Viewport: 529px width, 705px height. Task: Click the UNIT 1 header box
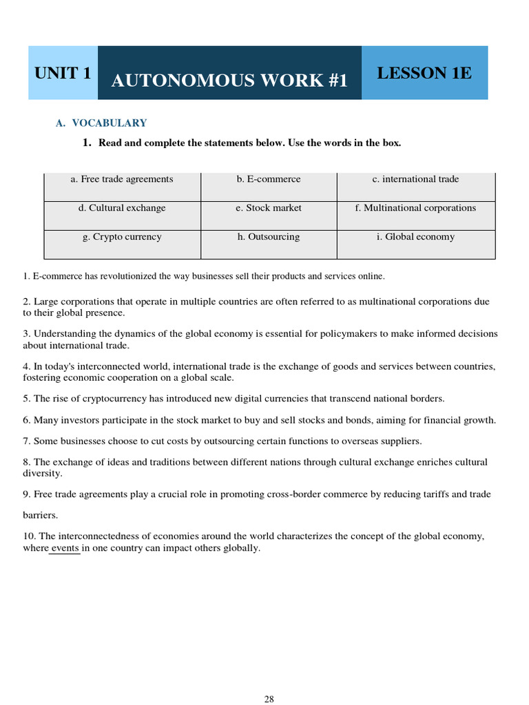click(63, 73)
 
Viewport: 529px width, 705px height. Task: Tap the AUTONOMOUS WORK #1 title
click(229, 81)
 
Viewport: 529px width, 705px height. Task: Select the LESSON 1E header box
click(424, 73)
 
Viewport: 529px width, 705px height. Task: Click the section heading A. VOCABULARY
click(101, 123)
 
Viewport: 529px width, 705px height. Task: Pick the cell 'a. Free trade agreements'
click(122, 180)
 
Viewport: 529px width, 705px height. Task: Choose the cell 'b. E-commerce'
click(269, 180)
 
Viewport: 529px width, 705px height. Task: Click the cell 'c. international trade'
click(415, 180)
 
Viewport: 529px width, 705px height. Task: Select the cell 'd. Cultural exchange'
click(122, 208)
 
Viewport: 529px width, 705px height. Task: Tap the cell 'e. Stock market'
click(269, 208)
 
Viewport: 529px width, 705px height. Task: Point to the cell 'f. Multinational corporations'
click(415, 208)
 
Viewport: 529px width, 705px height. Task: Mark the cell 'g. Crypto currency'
click(122, 237)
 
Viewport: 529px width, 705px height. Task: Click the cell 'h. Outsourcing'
click(269, 237)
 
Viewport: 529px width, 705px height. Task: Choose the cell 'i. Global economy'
click(415, 237)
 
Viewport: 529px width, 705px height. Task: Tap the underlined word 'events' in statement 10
click(65, 549)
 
